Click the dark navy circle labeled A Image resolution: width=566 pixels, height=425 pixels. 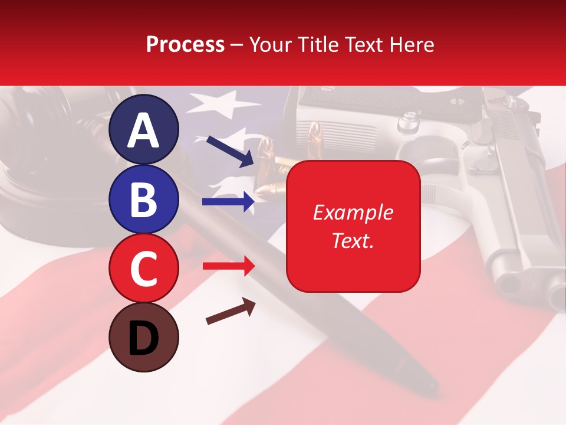143,129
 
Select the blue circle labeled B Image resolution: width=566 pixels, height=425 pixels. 143,199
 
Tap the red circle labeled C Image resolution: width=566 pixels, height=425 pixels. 143,268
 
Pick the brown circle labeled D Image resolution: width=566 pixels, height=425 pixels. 143,337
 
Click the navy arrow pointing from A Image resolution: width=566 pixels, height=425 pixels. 230,151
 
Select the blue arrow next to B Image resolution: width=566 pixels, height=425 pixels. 228,202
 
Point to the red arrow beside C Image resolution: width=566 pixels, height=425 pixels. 228,266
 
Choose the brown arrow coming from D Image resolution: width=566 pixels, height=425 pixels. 231,312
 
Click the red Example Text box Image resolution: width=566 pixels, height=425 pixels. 353,226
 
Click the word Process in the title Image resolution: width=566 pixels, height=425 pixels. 185,44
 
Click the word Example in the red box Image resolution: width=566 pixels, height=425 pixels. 353,212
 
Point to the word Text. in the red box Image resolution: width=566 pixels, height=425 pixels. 353,240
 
